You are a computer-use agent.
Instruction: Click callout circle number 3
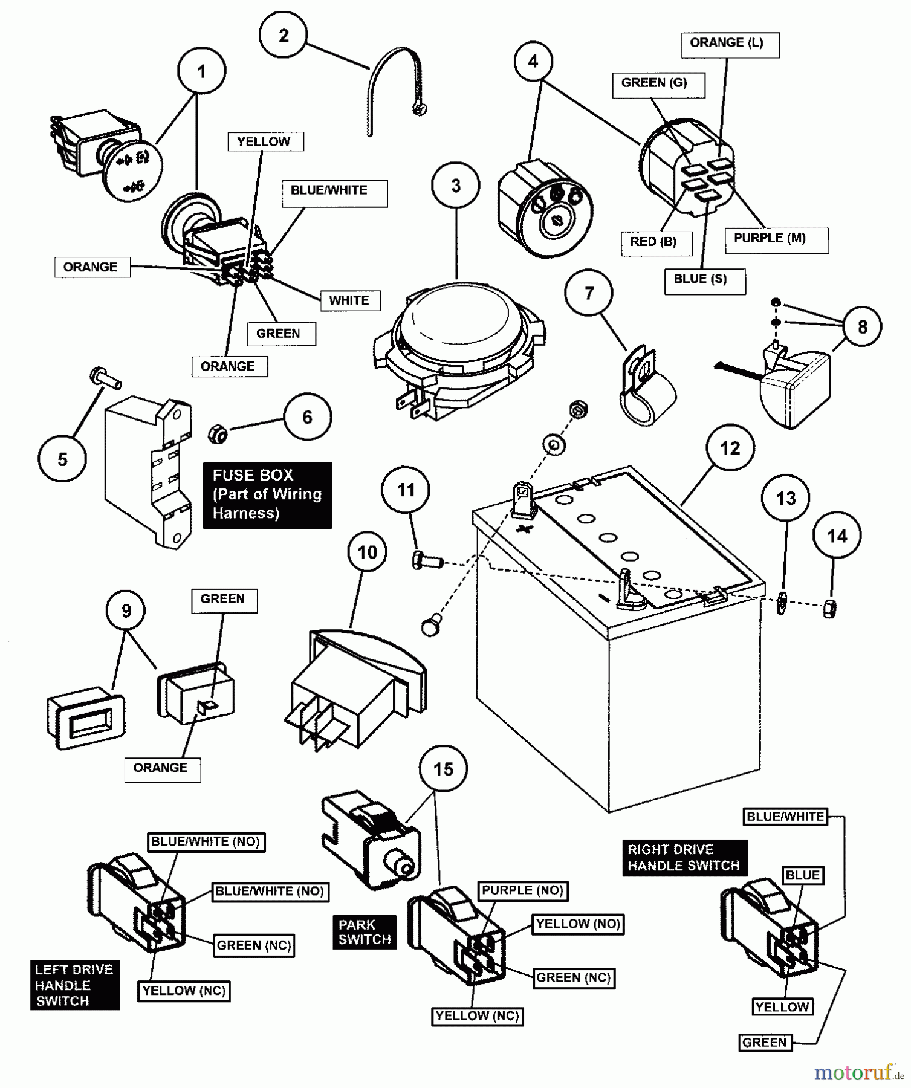pos(456,186)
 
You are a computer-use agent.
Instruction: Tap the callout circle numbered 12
pos(730,448)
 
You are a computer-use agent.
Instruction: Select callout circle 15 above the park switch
pos(443,769)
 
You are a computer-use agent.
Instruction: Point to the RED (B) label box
pos(653,242)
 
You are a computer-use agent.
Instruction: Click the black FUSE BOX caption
pos(267,494)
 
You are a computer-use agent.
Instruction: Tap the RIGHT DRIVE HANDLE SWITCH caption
pos(684,857)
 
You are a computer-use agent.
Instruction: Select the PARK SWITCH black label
pos(365,931)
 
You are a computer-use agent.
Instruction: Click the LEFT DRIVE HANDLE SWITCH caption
pos(74,985)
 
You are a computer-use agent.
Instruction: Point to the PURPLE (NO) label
pos(522,890)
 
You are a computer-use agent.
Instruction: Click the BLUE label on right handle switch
pos(802,875)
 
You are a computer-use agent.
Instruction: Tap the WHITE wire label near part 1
pos(349,300)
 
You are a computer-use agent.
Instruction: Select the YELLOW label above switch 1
pos(264,142)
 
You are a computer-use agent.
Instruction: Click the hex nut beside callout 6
pos(218,433)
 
